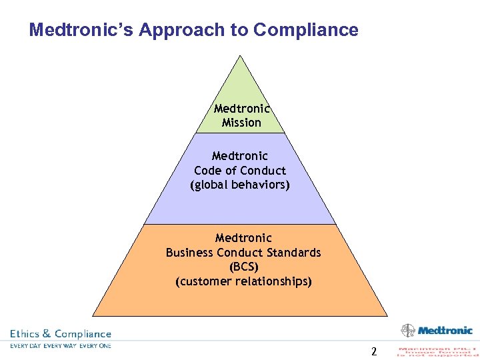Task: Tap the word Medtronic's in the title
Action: [80, 30]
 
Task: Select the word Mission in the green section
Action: [241, 123]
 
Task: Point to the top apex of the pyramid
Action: [240, 55]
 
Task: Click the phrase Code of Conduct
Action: [240, 170]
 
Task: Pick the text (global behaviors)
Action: [240, 185]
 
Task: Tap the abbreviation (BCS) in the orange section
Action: [243, 267]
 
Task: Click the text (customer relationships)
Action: [243, 281]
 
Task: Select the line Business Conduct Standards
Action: [243, 253]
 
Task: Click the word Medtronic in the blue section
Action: [240, 156]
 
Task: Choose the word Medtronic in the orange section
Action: [243, 238]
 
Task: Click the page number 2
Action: [374, 351]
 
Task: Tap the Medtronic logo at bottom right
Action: [437, 330]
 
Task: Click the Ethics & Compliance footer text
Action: [61, 333]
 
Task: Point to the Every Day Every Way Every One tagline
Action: [61, 345]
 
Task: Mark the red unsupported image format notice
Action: [437, 351]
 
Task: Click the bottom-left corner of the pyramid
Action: [93, 315]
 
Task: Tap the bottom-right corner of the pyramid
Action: [387, 315]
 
